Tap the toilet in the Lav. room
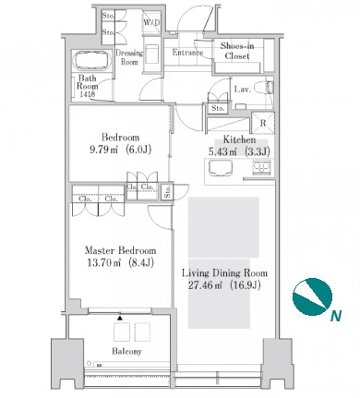pyautogui.click(x=267, y=88)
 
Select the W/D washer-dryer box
pyautogui.click(x=151, y=22)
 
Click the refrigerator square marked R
pyautogui.click(x=263, y=123)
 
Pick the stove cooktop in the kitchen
pyautogui.click(x=261, y=168)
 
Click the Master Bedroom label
pyautogui.click(x=120, y=250)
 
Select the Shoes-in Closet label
pyautogui.click(x=237, y=51)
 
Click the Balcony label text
pyautogui.click(x=126, y=351)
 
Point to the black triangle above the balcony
pyautogui.click(x=120, y=318)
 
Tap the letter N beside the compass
pyautogui.click(x=336, y=316)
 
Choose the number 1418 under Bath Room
pyautogui.click(x=88, y=95)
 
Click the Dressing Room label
pyautogui.click(x=129, y=57)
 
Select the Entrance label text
pyautogui.click(x=187, y=53)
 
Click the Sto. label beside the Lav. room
pyautogui.click(x=218, y=108)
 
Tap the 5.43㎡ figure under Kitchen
pyautogui.click(x=225, y=152)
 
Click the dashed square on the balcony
pyautogui.click(x=142, y=332)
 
